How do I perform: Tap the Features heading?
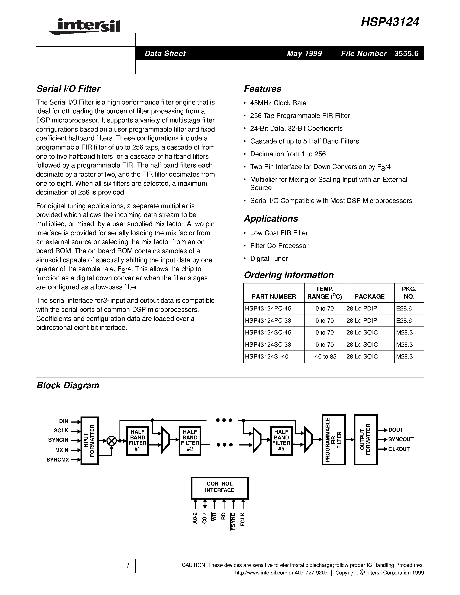262,89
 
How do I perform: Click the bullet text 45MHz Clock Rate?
278,103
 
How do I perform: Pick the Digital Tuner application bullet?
269,259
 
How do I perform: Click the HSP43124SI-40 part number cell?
266,357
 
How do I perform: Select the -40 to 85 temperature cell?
324,357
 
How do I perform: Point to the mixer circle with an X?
111,441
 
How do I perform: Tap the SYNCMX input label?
58,460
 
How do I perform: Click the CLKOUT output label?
399,449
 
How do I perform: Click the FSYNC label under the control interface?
233,521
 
